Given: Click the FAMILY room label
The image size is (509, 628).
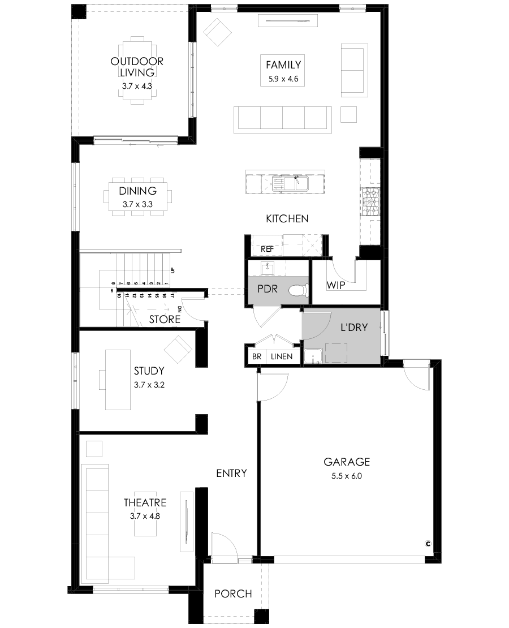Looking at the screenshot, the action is click(283, 64).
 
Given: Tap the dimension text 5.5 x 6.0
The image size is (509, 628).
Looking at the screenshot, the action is click(347, 476).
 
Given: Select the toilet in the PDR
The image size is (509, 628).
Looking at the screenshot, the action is click(299, 289).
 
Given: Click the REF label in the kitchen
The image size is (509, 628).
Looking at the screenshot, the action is click(267, 249).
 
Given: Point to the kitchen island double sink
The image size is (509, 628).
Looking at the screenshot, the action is click(290, 184).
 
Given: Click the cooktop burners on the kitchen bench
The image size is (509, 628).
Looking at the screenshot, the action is click(371, 202).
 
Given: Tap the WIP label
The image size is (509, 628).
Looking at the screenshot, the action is click(335, 285).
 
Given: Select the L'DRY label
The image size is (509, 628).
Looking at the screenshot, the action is click(353, 327).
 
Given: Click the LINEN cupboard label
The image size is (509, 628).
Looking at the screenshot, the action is click(282, 356).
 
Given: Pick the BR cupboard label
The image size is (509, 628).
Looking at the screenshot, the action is click(257, 356).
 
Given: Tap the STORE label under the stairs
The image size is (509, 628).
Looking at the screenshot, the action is click(165, 319).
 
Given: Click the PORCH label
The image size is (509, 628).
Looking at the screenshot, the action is click(233, 593).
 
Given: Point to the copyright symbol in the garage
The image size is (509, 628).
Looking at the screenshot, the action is click(428, 544).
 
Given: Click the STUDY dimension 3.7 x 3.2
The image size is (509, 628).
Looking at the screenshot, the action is click(149, 385).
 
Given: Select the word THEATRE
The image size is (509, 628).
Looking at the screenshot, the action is click(145, 502).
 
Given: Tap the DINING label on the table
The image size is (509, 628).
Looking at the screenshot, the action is click(137, 191).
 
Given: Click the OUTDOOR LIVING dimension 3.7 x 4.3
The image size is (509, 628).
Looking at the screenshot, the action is click(137, 85).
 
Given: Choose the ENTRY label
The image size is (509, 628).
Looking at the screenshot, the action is click(231, 473).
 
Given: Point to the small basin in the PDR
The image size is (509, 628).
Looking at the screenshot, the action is click(266, 268).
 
